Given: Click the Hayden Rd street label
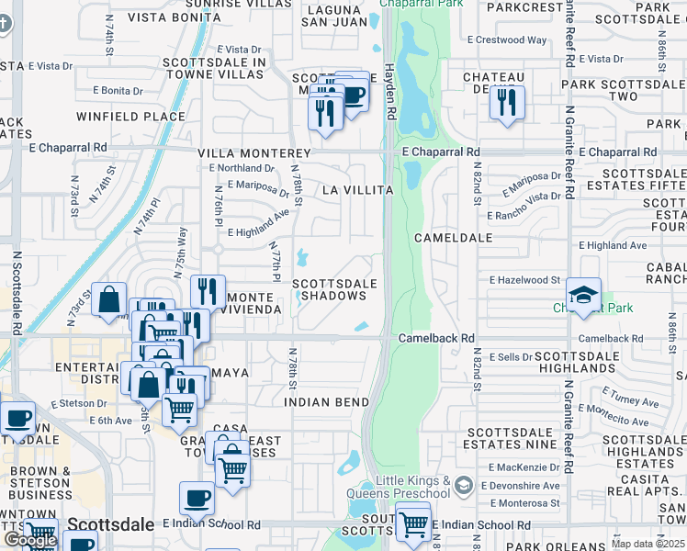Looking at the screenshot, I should coord(389,93).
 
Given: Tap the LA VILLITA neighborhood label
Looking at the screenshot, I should coord(357,190).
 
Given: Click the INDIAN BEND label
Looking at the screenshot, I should coord(326,402).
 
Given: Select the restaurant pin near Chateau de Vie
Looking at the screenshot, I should coord(506,103).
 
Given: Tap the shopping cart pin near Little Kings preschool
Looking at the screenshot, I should coord(413,522).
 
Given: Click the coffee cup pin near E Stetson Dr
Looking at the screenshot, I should coord(17,419).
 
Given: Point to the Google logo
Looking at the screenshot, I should coord(30,540).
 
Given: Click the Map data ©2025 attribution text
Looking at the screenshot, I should coord(648,544).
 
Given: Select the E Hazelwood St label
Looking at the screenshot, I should coord(524,279).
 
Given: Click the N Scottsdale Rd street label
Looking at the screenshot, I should coord(17,294).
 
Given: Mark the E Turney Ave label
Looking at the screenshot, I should coord(626,401).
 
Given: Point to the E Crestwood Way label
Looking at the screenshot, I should coord(507,40).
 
